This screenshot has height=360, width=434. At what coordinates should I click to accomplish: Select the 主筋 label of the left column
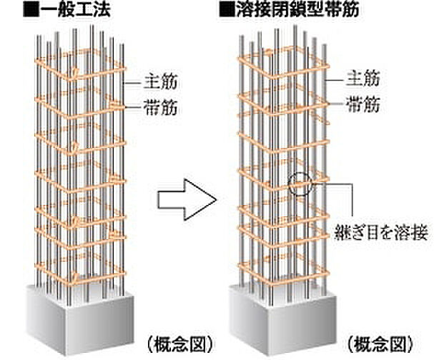click(x=153, y=81)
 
